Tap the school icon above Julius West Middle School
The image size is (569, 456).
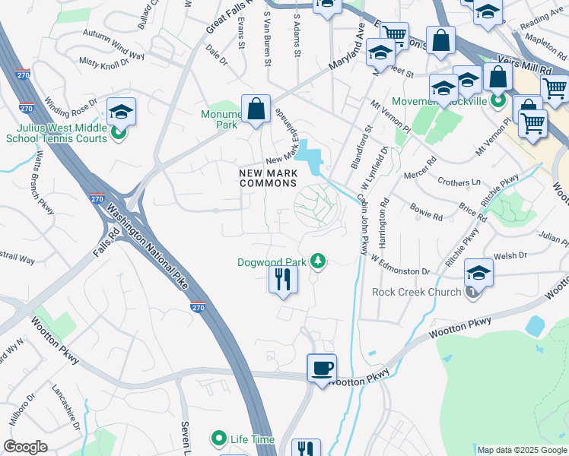click(121, 112)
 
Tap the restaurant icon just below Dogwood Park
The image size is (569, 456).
click(282, 280)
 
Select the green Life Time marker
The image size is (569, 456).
click(219, 439)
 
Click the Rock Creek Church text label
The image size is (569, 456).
click(417, 292)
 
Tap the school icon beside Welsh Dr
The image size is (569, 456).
click(478, 273)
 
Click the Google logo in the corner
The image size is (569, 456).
click(26, 447)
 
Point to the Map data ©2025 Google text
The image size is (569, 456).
click(522, 450)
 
